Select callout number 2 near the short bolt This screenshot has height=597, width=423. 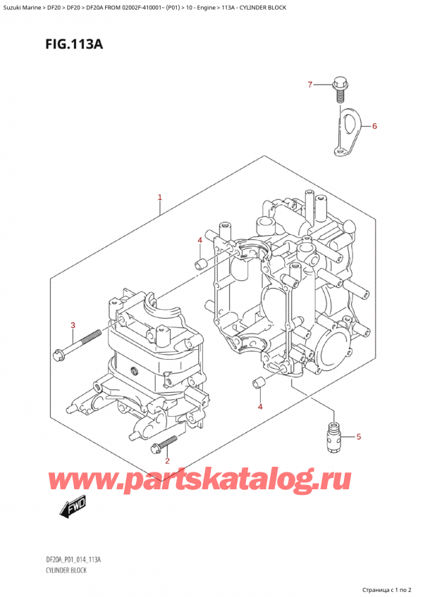pos(166,462)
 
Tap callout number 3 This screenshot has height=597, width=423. pos(72,325)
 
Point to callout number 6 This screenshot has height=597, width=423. pos(374,127)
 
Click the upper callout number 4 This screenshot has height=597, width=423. pos(200,241)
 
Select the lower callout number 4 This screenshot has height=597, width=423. pos(259,407)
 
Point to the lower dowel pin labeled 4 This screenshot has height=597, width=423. pos(258,384)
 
